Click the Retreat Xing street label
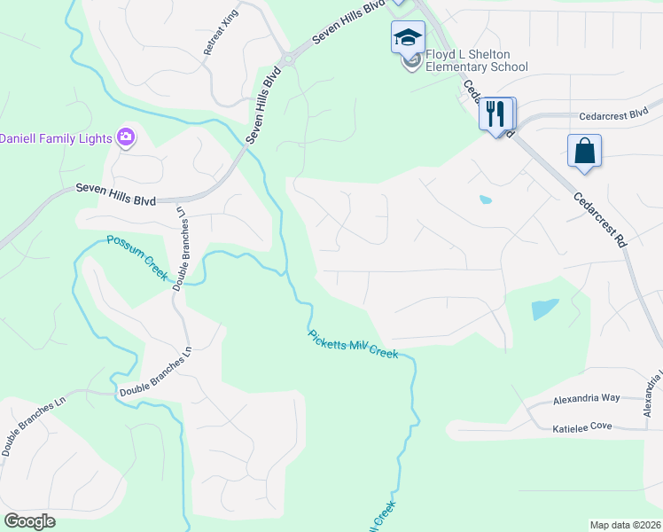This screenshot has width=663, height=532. pyautogui.click(x=222, y=36)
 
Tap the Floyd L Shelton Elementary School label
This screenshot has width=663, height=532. pyautogui.click(x=476, y=60)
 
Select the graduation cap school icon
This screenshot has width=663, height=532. pyautogui.click(x=409, y=37)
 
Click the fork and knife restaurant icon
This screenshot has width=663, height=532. pyautogui.click(x=495, y=113)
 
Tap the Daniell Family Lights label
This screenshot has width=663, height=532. pyautogui.click(x=55, y=138)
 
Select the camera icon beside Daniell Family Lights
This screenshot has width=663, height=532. pyautogui.click(x=126, y=137)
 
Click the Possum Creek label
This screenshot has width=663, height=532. pyautogui.click(x=137, y=257)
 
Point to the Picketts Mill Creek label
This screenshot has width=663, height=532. pyautogui.click(x=354, y=344)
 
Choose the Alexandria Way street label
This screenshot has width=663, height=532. pyautogui.click(x=587, y=401)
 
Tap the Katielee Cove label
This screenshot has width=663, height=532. pyautogui.click(x=582, y=426)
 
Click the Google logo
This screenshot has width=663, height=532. pyautogui.click(x=29, y=521)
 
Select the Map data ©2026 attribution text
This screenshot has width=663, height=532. pyautogui.click(x=625, y=525)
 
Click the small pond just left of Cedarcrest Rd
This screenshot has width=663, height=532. pyautogui.click(x=485, y=199)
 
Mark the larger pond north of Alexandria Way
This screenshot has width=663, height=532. pyautogui.click(x=545, y=309)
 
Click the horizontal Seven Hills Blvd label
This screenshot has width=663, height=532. pyautogui.click(x=115, y=189)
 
